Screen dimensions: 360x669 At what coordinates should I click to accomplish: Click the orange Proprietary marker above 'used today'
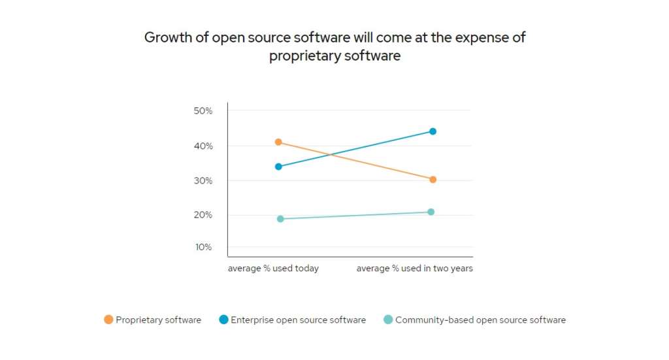click(278, 142)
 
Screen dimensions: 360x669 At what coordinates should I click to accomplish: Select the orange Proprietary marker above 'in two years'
click(432, 179)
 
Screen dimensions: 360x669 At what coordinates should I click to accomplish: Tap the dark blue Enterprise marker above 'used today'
click(278, 167)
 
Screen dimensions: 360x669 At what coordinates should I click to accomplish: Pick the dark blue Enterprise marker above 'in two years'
click(432, 131)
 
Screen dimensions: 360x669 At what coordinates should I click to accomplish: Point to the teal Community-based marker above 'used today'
click(280, 219)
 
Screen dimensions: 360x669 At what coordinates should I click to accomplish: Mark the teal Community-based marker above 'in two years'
click(431, 212)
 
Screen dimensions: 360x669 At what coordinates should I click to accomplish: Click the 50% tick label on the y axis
click(203, 111)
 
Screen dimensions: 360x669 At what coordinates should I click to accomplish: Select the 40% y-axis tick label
click(203, 146)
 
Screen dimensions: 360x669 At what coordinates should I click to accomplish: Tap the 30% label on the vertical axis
click(203, 180)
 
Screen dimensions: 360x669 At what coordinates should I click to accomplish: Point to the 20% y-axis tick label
click(203, 215)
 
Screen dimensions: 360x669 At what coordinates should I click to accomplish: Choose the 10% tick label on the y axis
click(203, 247)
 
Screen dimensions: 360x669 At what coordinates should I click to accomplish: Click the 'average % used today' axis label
click(273, 269)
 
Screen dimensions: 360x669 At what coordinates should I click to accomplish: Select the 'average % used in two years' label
click(414, 269)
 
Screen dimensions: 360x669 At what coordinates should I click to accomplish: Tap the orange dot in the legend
click(108, 319)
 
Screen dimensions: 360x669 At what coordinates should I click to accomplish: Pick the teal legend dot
click(387, 319)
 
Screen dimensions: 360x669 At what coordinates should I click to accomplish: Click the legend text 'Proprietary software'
click(158, 320)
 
